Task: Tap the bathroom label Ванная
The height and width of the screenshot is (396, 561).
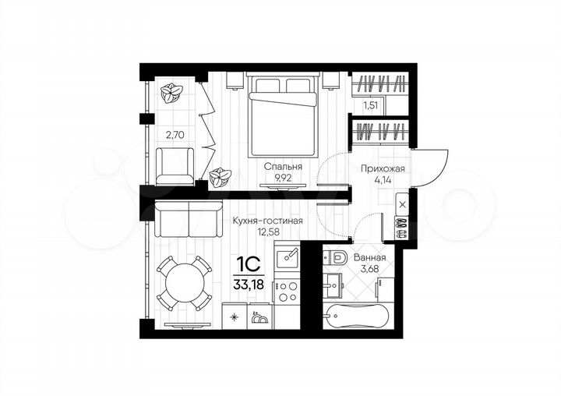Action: (x=369, y=257)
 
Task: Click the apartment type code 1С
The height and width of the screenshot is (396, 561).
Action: (x=247, y=264)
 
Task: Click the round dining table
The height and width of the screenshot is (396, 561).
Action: (x=184, y=283)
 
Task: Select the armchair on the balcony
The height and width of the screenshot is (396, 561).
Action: (x=175, y=167)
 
